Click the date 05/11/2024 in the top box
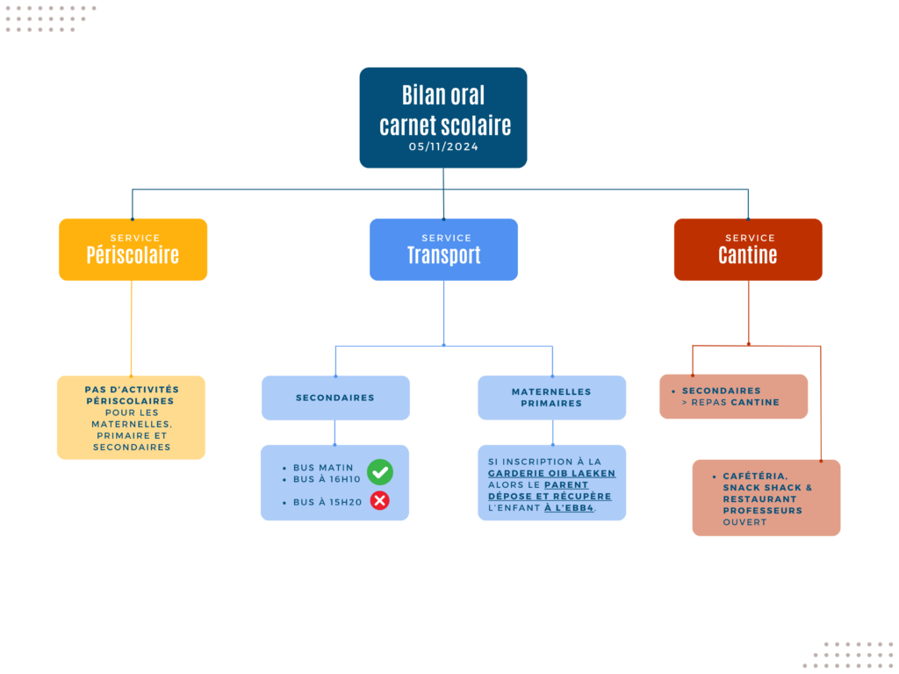pos(443,147)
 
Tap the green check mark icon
pos(379,472)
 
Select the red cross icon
pos(379,501)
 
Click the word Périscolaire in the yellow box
pos(133,255)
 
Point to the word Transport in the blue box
pos(443,255)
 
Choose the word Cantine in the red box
pos(748,255)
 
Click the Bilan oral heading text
pos(443,95)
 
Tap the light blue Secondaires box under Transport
pos(335,398)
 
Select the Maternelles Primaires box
pos(551,398)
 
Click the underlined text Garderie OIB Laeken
pos(551,473)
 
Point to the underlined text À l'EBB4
pos(569,508)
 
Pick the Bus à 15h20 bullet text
pos(327,502)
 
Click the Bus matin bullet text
pos(323,468)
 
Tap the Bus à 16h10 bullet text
pos(327,479)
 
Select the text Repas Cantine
pos(735,402)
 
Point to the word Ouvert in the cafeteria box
pos(744,522)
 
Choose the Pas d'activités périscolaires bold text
pos(132,396)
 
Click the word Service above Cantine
pos(750,238)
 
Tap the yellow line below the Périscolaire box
pos(132,328)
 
